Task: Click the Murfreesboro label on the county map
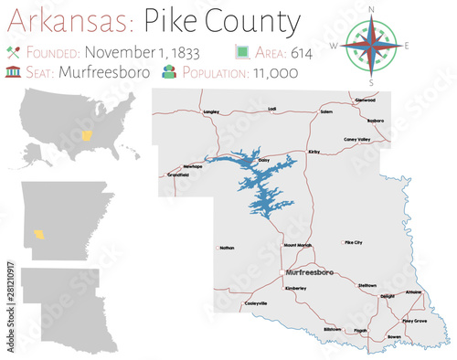(309, 272)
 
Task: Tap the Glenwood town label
(366, 100)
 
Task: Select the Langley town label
(212, 111)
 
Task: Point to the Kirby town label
(314, 153)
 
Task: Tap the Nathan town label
(227, 247)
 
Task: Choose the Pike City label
(353, 243)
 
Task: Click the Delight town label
(388, 296)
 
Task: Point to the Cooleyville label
(256, 302)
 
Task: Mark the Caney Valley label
(356, 139)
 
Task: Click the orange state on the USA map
(88, 136)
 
